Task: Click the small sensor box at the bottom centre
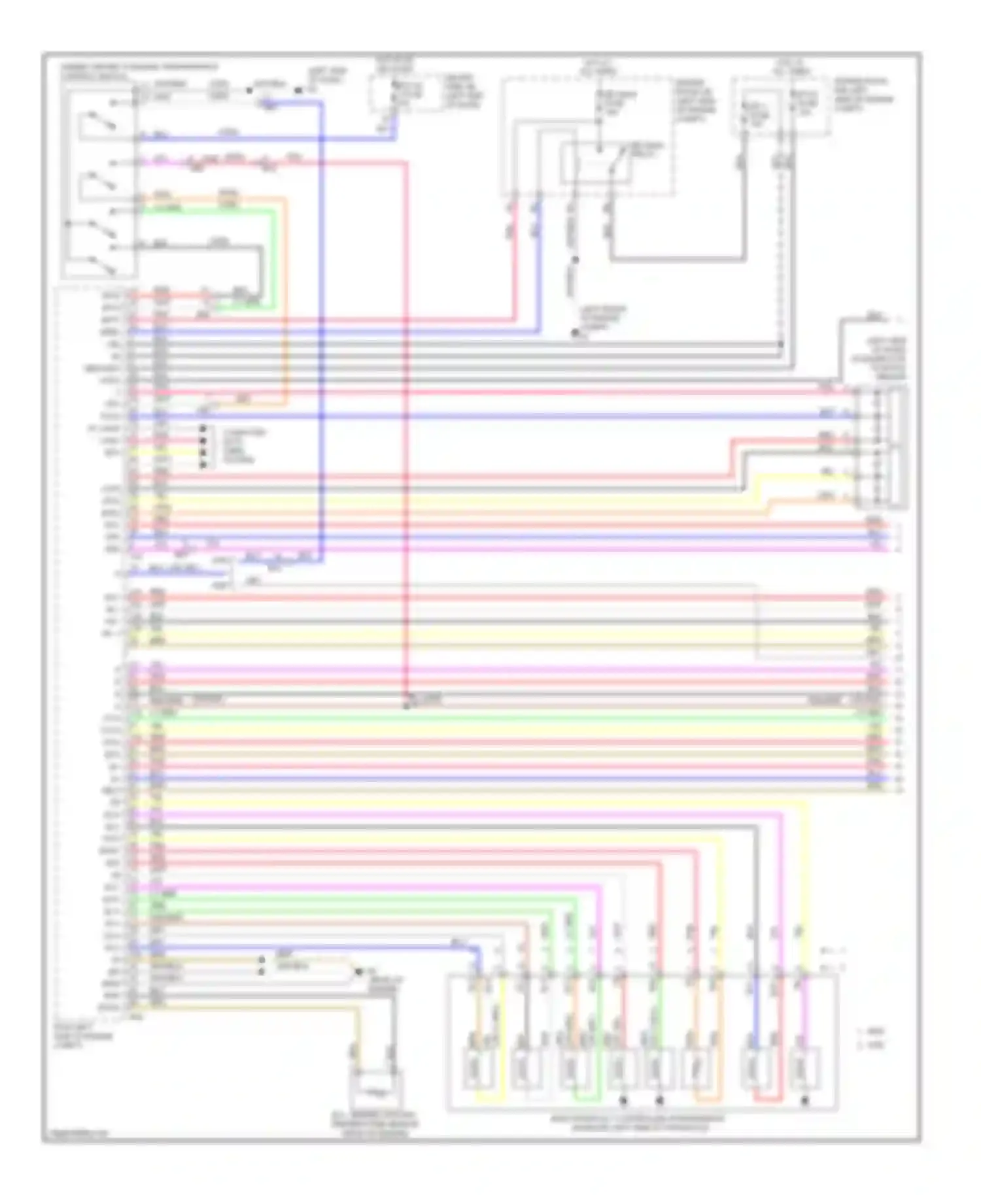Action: [375, 1091]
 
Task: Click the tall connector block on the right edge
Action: [884, 447]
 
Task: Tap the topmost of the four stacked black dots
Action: [203, 429]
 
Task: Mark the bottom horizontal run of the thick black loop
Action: [678, 260]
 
